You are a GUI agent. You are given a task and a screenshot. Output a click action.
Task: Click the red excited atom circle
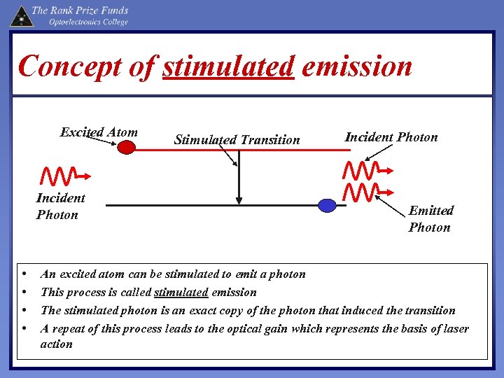coord(126,148)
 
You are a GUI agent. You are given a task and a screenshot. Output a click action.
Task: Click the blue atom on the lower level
coord(328,205)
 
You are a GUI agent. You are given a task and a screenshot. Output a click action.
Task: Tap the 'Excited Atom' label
coord(99,132)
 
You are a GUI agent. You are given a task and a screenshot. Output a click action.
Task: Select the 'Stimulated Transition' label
coord(237,139)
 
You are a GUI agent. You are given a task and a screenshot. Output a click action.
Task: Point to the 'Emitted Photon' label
coord(430,218)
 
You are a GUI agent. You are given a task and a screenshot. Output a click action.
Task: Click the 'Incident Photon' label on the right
coord(391,136)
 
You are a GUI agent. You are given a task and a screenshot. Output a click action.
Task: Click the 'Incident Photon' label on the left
coord(60,206)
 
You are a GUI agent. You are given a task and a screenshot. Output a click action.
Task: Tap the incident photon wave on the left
coord(64,175)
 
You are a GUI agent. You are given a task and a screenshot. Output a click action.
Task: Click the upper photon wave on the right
coord(368,169)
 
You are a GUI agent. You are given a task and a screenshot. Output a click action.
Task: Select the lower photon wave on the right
coord(368,190)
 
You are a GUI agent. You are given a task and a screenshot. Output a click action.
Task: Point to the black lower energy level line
coord(210,205)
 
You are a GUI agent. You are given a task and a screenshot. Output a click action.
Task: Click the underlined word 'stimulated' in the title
coord(228,66)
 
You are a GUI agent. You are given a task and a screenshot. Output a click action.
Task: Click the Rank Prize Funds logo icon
coord(21,15)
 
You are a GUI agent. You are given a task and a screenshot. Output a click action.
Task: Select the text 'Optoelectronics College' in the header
coord(88,22)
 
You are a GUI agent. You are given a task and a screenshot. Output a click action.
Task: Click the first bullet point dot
coord(24,274)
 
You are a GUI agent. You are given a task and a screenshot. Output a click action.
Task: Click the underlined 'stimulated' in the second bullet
coord(181,292)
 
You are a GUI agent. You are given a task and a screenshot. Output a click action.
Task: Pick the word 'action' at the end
coord(56,344)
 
